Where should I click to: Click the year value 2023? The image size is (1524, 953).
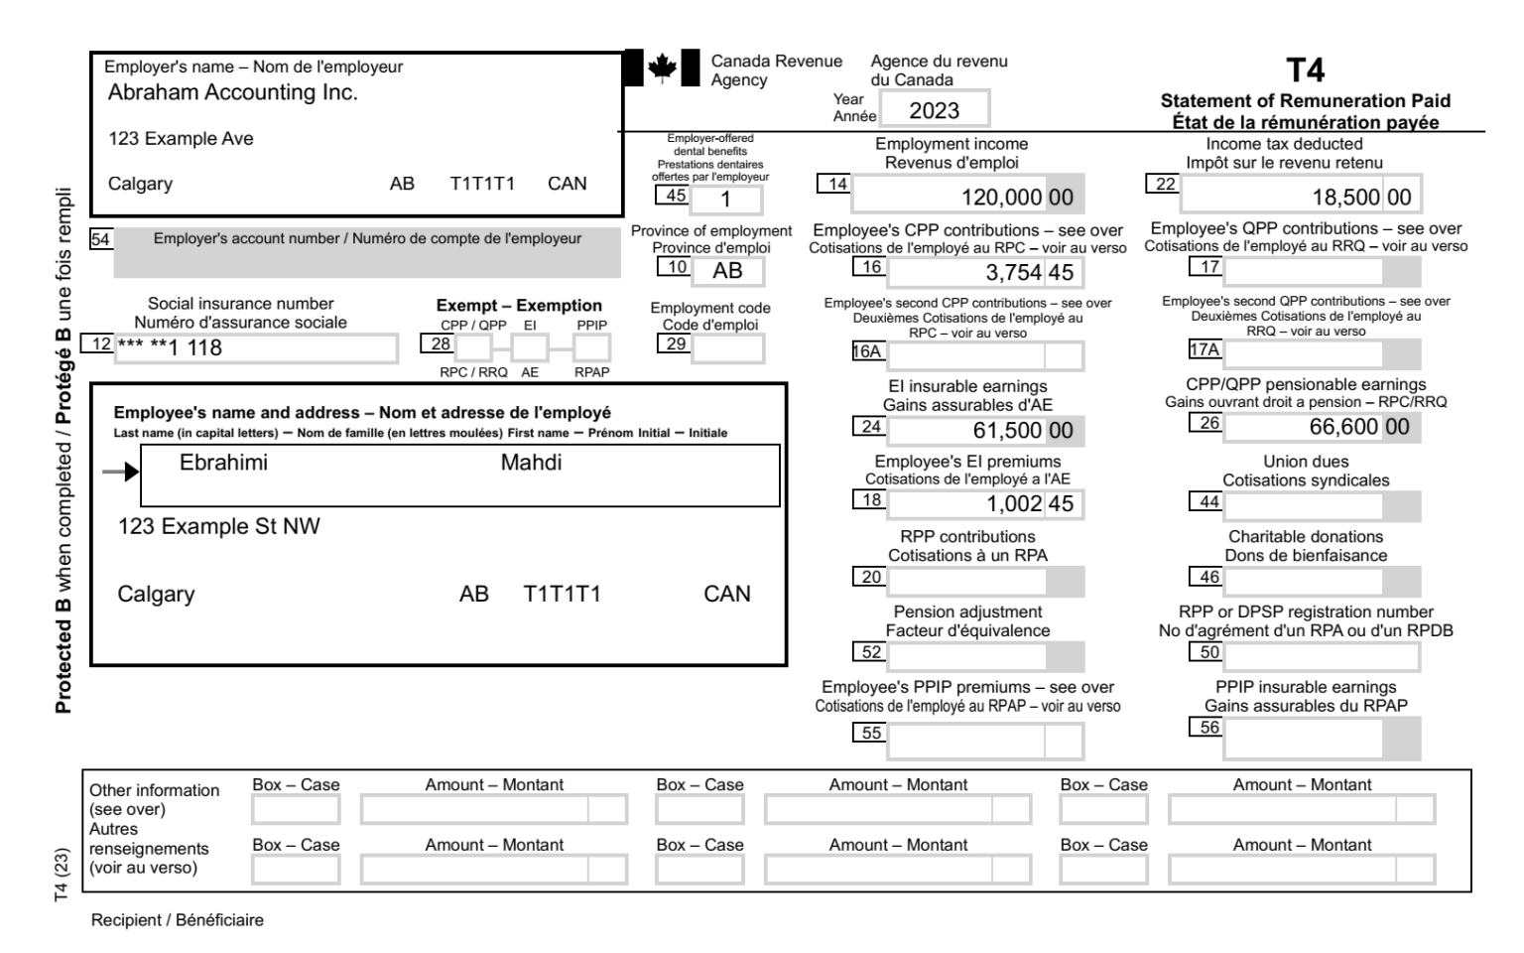[934, 110]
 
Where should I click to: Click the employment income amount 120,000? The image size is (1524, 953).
[1001, 197]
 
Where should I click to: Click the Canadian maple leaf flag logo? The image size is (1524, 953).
[662, 68]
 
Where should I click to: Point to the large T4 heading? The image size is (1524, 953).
[1305, 70]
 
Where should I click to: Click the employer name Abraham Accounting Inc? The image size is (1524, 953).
[232, 93]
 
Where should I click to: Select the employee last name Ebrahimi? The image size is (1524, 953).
[223, 463]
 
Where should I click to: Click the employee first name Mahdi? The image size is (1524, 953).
[531, 463]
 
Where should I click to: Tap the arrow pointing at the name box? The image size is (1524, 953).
[121, 473]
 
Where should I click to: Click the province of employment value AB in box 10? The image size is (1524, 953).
[727, 271]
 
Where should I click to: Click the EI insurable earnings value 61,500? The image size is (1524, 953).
[1007, 431]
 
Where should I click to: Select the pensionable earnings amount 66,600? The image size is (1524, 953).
[1343, 427]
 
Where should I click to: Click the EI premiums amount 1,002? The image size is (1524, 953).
[1013, 504]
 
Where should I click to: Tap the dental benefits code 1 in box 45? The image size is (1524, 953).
[725, 200]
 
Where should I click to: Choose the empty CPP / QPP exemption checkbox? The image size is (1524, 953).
[473, 347]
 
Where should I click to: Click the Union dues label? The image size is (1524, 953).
[1305, 462]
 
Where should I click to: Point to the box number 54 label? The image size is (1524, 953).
[100, 239]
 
